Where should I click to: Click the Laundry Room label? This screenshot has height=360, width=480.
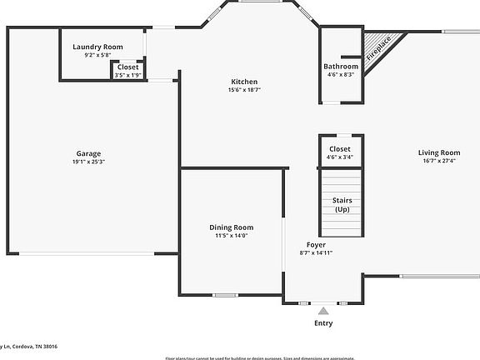pyautogui.click(x=97, y=47)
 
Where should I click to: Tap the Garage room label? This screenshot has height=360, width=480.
pyautogui.click(x=89, y=153)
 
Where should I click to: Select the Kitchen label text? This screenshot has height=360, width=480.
pyautogui.click(x=244, y=81)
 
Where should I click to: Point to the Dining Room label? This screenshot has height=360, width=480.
pyautogui.click(x=231, y=227)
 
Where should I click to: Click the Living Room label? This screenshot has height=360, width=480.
pyautogui.click(x=439, y=152)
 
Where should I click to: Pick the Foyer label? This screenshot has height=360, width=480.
pyautogui.click(x=316, y=244)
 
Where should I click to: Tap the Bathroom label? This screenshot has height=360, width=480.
pyautogui.click(x=341, y=67)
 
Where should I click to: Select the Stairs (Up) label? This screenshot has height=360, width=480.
pyautogui.click(x=342, y=205)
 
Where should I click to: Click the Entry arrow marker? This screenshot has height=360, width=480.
pyautogui.click(x=323, y=310)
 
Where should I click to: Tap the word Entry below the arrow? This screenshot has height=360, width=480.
pyautogui.click(x=323, y=323)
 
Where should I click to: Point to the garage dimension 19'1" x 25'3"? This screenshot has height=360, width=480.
pyautogui.click(x=89, y=162)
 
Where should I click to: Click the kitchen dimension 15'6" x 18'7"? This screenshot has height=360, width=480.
pyautogui.click(x=244, y=89)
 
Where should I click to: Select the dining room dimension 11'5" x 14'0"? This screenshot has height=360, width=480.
pyautogui.click(x=231, y=235)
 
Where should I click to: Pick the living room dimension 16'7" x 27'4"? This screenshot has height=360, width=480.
pyautogui.click(x=439, y=161)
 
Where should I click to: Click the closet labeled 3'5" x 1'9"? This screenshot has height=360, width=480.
pyautogui.click(x=127, y=71)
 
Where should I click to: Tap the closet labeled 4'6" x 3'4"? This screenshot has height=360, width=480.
pyautogui.click(x=340, y=152)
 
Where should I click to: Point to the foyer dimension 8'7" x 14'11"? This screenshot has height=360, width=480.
pyautogui.click(x=317, y=252)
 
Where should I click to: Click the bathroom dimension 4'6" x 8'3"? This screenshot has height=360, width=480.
pyautogui.click(x=341, y=74)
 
